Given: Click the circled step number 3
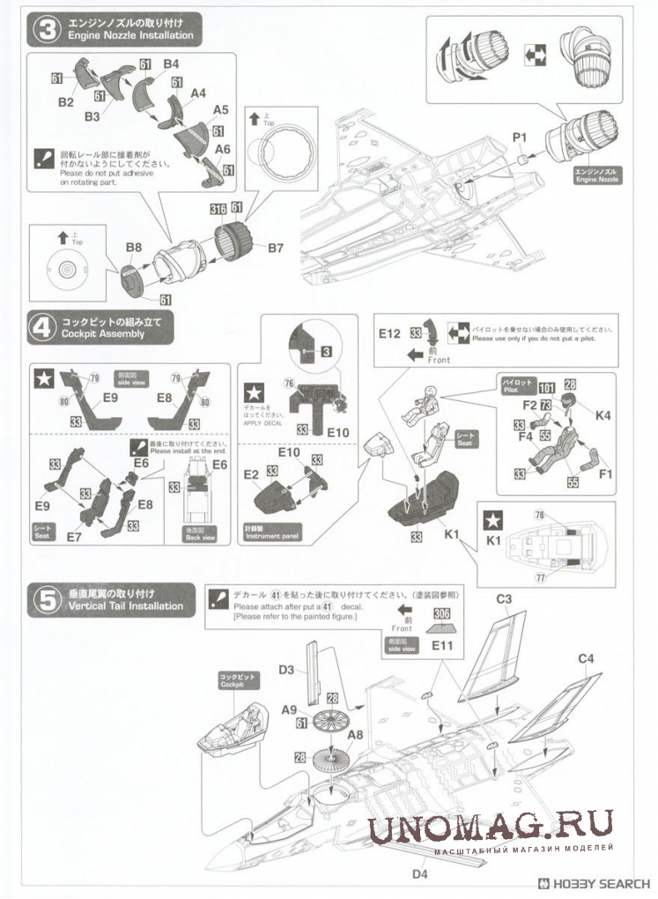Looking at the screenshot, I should (45, 29).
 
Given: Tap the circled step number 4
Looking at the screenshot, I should (45, 329).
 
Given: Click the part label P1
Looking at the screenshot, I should (519, 137).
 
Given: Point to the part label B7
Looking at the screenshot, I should (275, 249).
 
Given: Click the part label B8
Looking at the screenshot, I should (134, 249).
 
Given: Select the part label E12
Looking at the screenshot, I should (389, 334).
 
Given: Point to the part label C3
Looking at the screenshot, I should (504, 599).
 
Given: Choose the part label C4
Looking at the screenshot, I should (586, 658).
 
